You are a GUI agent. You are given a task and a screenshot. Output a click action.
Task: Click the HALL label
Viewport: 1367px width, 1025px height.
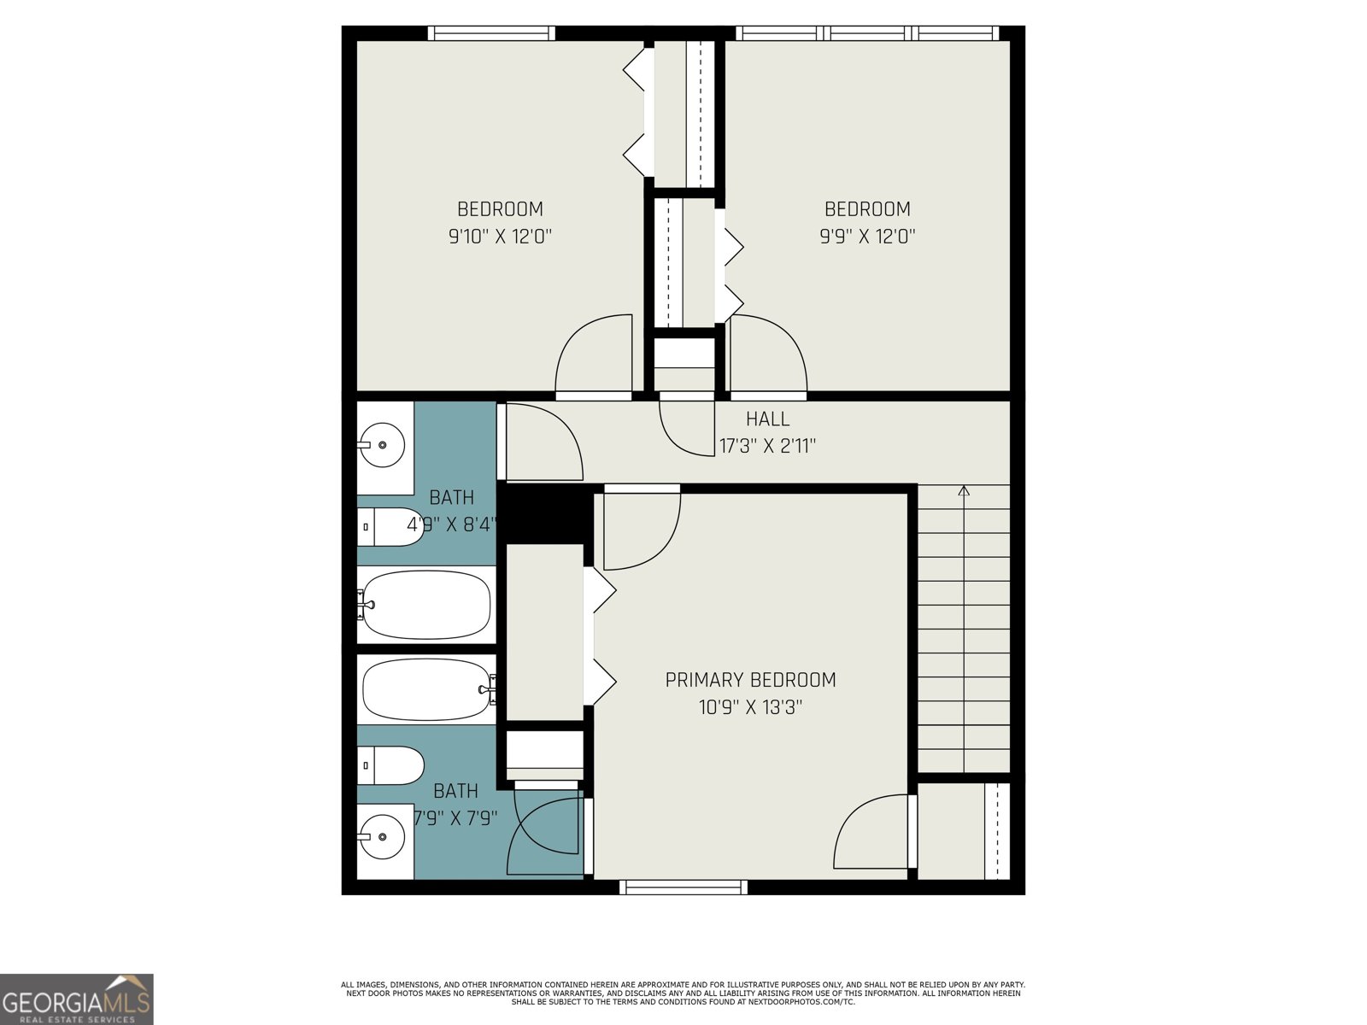coord(767,419)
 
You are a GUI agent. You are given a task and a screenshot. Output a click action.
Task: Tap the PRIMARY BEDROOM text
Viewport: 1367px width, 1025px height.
coord(750,680)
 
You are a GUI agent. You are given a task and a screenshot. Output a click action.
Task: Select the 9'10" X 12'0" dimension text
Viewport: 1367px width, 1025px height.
coord(500,237)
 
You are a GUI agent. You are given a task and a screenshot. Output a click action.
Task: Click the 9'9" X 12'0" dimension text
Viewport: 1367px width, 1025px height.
coord(867,237)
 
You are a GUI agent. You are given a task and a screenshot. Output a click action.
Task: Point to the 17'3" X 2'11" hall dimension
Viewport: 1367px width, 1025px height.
coord(767,446)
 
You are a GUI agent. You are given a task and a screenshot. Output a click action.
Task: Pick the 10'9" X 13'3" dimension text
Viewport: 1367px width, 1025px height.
coord(750,707)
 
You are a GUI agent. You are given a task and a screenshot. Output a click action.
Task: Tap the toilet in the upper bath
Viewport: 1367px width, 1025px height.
coord(389,527)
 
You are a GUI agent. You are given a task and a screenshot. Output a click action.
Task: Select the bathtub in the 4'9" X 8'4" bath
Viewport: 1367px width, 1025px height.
coord(425,605)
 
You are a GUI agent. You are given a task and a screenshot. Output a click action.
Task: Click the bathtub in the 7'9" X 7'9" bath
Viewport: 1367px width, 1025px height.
coord(427,688)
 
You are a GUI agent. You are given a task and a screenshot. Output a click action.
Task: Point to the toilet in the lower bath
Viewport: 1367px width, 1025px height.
coord(390,765)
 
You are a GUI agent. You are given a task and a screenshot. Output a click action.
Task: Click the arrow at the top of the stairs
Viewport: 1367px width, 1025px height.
coord(964,490)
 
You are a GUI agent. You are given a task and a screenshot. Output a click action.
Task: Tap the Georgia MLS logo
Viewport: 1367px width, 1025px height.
coord(77,999)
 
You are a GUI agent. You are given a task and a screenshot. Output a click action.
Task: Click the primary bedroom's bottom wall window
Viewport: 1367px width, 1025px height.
coord(683,887)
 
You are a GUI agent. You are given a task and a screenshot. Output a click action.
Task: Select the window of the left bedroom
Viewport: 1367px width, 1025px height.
coord(490,33)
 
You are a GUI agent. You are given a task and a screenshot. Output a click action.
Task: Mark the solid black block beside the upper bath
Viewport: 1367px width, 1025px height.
coord(545,512)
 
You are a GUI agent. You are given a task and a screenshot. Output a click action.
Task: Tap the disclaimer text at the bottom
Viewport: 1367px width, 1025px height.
coord(683,993)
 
